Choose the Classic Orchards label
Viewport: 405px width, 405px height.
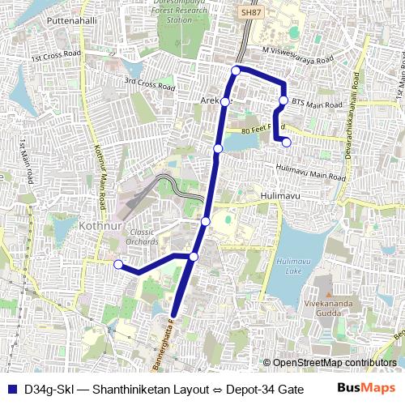[142, 237]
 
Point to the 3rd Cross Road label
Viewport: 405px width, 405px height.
[149, 83]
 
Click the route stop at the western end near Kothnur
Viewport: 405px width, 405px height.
[118, 264]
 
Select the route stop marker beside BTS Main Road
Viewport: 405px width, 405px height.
[283, 100]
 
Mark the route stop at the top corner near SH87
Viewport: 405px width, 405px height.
[236, 70]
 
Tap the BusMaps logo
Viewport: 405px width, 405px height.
[361, 388]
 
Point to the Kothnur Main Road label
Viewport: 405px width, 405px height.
[100, 175]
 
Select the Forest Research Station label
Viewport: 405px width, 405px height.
[179, 14]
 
